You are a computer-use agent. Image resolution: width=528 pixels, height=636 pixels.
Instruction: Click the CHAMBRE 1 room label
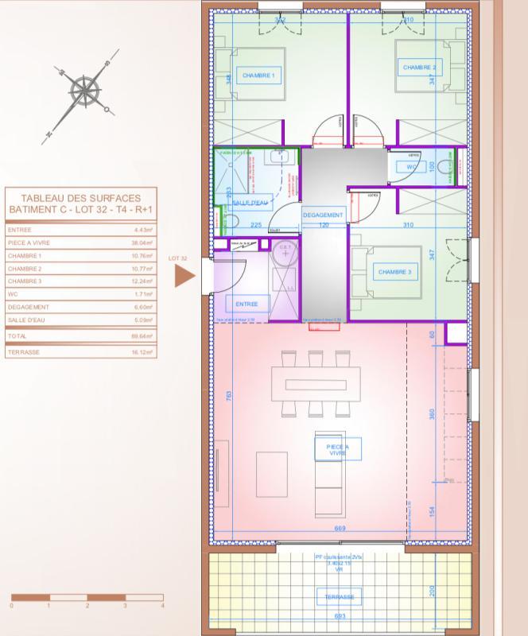(x=258, y=76)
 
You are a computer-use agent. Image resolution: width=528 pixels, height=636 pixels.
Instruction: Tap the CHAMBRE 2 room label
(x=421, y=68)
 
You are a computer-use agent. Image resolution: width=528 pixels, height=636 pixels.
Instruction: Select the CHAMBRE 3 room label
(x=394, y=272)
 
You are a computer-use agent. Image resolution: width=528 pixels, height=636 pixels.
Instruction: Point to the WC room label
(x=412, y=167)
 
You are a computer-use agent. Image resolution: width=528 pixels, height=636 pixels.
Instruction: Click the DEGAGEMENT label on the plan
(x=323, y=215)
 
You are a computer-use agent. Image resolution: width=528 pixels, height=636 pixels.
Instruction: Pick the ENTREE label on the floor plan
(x=247, y=303)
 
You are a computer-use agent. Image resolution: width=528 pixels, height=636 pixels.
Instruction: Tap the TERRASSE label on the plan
(x=338, y=596)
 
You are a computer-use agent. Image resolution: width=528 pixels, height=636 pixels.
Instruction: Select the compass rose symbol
(x=83, y=90)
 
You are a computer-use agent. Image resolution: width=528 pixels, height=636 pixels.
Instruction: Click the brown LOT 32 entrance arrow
(x=184, y=276)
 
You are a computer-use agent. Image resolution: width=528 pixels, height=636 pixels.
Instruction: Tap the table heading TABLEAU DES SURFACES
(x=80, y=198)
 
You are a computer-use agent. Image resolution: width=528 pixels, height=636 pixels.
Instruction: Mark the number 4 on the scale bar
(x=163, y=606)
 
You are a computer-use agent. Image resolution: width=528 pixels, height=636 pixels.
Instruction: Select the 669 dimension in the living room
(x=340, y=529)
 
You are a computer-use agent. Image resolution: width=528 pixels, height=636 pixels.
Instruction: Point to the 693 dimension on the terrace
(x=339, y=617)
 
